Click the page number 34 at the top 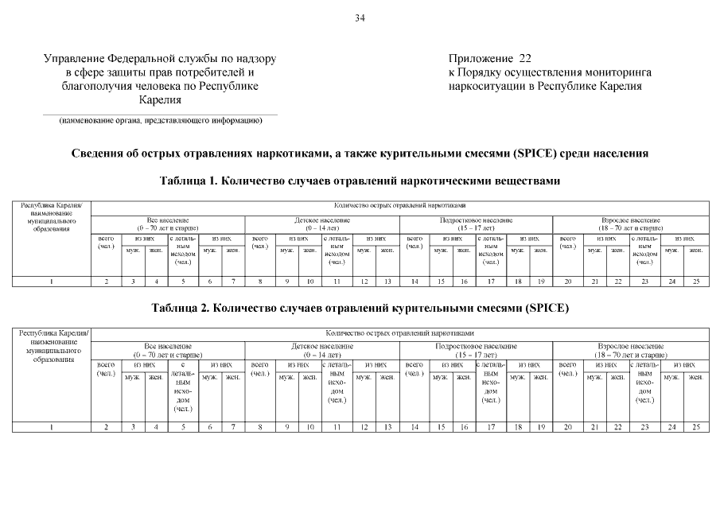point(360,18)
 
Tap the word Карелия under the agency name point(160,100)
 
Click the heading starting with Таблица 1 point(360,181)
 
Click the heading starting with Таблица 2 point(360,308)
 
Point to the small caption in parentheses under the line point(160,121)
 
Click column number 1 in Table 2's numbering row point(52,427)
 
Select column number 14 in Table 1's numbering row point(414,281)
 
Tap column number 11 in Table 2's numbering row point(337,427)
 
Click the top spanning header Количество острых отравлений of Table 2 point(400,332)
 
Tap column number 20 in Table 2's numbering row point(567,427)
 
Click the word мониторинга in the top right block point(612,72)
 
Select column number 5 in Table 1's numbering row point(183,281)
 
